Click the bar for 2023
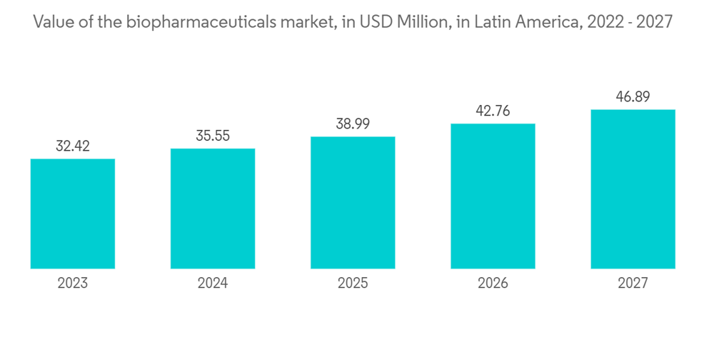pos(73,214)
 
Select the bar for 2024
pos(213,209)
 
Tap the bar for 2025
pos(353,203)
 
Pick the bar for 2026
pos(493,196)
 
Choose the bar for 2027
pos(633,189)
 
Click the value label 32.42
pos(73,146)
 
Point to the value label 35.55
pos(213,136)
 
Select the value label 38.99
pos(353,124)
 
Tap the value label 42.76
pos(493,111)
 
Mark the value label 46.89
pos(633,97)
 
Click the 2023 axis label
pos(73,284)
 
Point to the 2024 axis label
pos(213,284)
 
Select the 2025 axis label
pos(353,284)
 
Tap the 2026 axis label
pos(493,284)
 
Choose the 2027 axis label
pos(633,284)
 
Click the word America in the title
pos(544,22)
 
